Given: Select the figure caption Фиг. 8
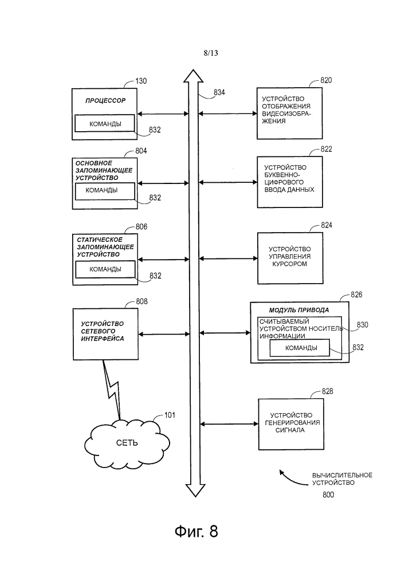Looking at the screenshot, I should [x=196, y=532].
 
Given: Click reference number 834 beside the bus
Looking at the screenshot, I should [x=219, y=93].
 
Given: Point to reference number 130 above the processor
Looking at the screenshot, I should [x=140, y=81].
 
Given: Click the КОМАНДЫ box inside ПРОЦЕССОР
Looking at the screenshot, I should [x=105, y=124].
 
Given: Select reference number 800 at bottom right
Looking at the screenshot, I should [x=328, y=494].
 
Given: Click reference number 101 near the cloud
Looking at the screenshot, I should [x=170, y=415].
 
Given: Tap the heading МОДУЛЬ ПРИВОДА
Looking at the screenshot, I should [x=291, y=310].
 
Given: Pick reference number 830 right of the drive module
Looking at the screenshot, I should [x=363, y=325].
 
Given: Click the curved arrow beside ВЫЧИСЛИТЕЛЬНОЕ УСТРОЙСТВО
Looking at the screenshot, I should [x=289, y=476].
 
